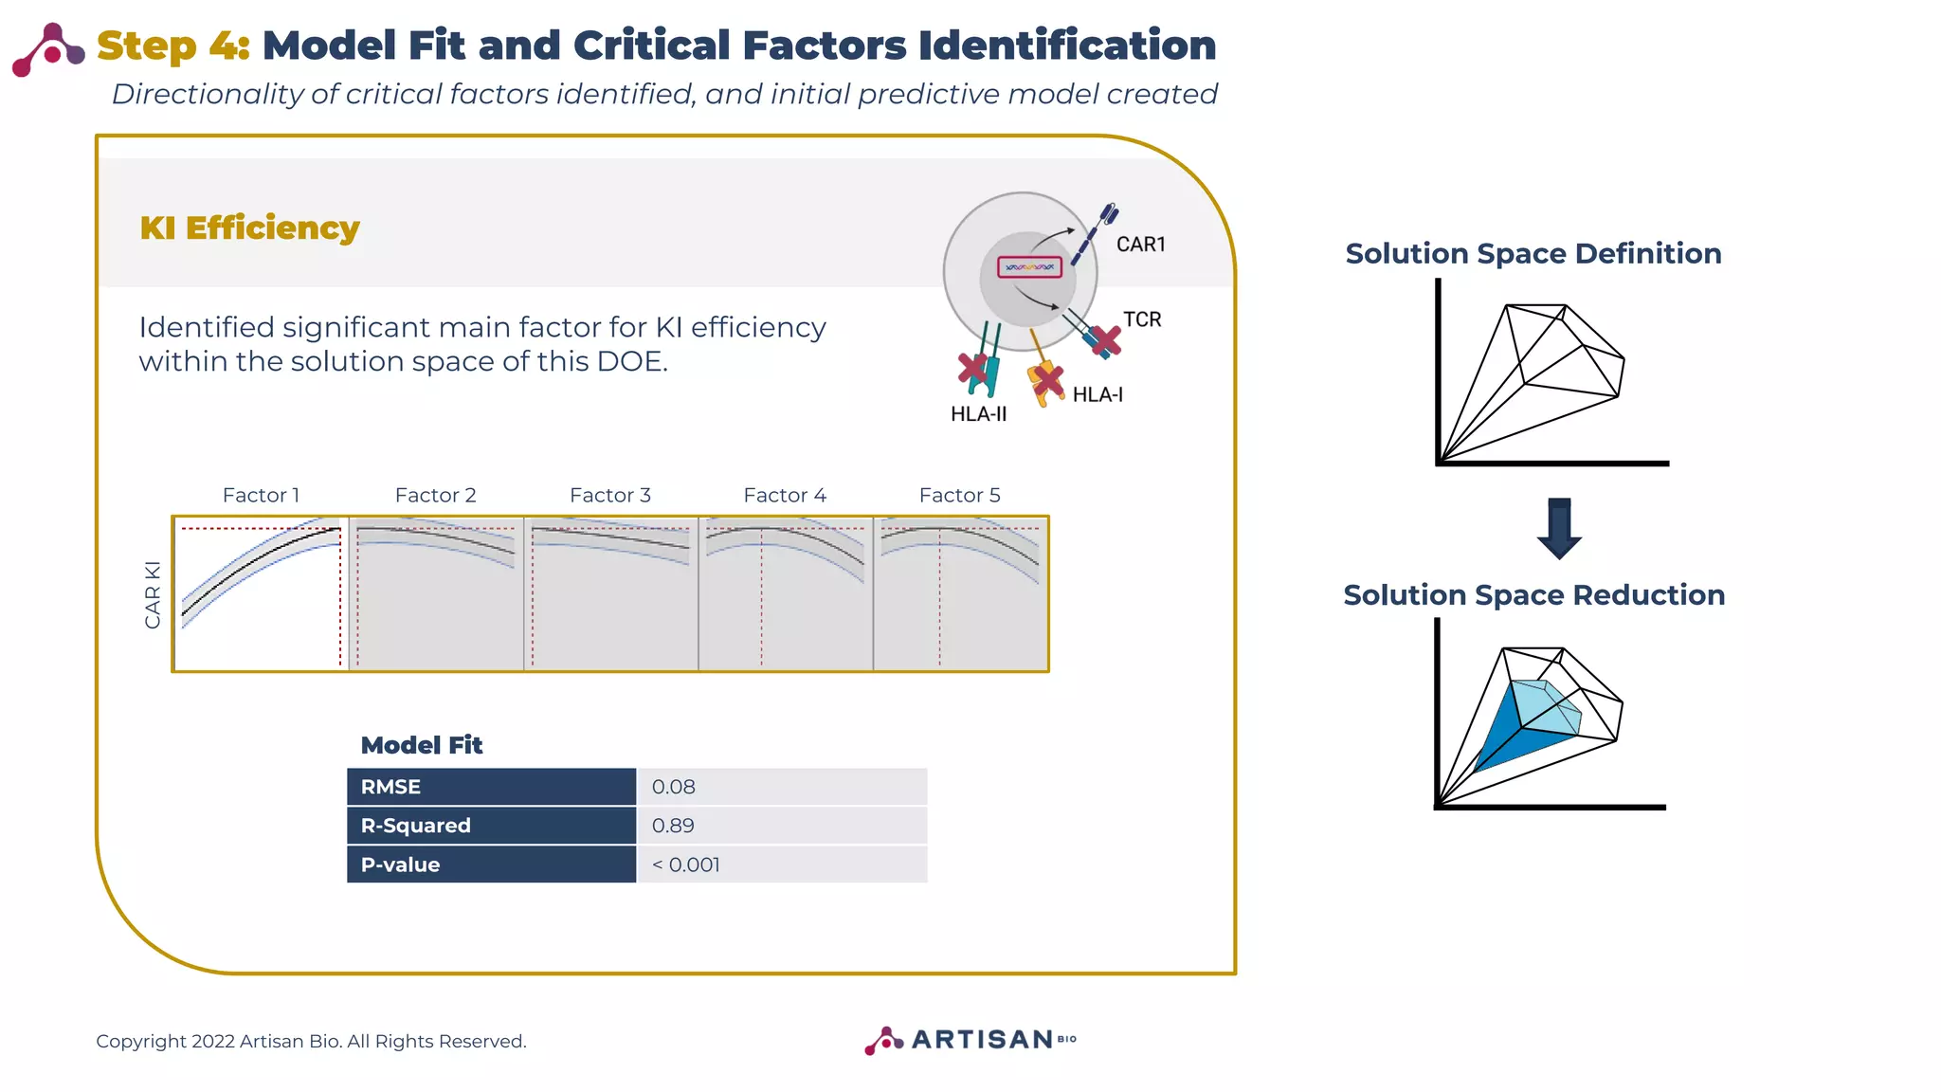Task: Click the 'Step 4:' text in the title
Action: tap(172, 45)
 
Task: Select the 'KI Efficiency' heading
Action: tap(249, 228)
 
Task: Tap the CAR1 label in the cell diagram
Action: tap(1140, 245)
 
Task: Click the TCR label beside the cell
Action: tap(1142, 319)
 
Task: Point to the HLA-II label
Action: tap(978, 414)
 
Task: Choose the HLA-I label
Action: tap(1097, 395)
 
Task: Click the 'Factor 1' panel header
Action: tap(261, 495)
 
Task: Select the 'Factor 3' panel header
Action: tap(609, 495)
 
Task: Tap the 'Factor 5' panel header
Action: tap(959, 495)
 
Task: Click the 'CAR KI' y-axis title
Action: tap(153, 594)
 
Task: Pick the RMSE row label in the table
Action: tap(390, 787)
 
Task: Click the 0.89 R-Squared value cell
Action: tap(673, 826)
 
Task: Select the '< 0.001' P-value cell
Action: tap(685, 864)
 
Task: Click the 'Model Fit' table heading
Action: tap(422, 745)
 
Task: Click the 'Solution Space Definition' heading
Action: tap(1533, 254)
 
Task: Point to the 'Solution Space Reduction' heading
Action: tap(1533, 595)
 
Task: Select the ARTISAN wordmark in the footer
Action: tap(982, 1040)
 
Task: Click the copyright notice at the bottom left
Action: tap(311, 1041)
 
